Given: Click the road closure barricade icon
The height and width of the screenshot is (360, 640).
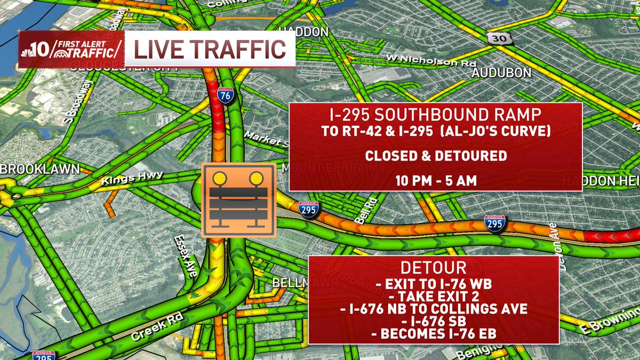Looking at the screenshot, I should click(238, 200).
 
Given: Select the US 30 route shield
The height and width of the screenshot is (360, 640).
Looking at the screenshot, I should click(495, 37).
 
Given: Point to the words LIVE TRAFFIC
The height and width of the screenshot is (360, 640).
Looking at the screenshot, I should click(209, 50).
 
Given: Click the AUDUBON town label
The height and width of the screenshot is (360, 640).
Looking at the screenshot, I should click(501, 73).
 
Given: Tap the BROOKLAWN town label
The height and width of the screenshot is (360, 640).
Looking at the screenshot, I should click(39, 169).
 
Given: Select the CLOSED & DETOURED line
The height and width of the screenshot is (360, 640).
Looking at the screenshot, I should click(435, 156).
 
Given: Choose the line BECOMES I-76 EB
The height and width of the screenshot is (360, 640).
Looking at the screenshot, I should click(434, 333).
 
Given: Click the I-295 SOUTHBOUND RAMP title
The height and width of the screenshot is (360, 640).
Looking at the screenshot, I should click(435, 115).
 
